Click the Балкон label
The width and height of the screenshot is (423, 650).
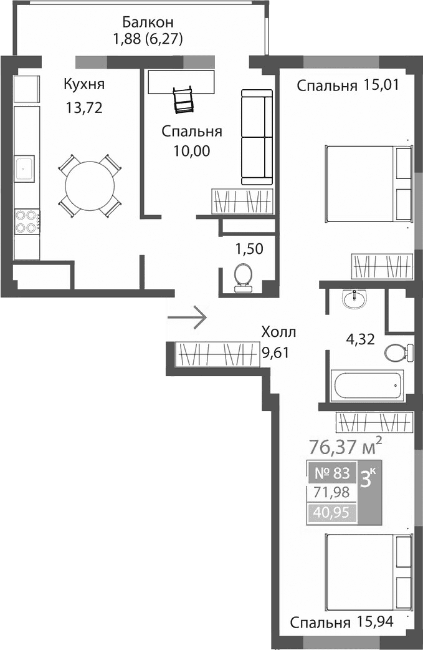[144, 22]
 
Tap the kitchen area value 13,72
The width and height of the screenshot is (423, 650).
[84, 107]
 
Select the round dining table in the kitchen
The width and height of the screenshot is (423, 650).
[90, 185]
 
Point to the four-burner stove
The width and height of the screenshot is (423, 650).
[27, 220]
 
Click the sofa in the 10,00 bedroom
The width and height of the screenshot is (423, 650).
[257, 137]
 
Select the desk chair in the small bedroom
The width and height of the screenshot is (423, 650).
[183, 99]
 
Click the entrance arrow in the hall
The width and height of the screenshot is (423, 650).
[187, 318]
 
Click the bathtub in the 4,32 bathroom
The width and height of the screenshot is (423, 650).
[368, 386]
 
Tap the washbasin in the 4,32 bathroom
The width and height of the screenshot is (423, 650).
[355, 299]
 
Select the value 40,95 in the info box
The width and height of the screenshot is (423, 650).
[332, 513]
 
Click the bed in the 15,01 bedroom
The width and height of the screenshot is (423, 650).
[368, 183]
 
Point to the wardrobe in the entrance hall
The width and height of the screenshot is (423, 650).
[218, 355]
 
